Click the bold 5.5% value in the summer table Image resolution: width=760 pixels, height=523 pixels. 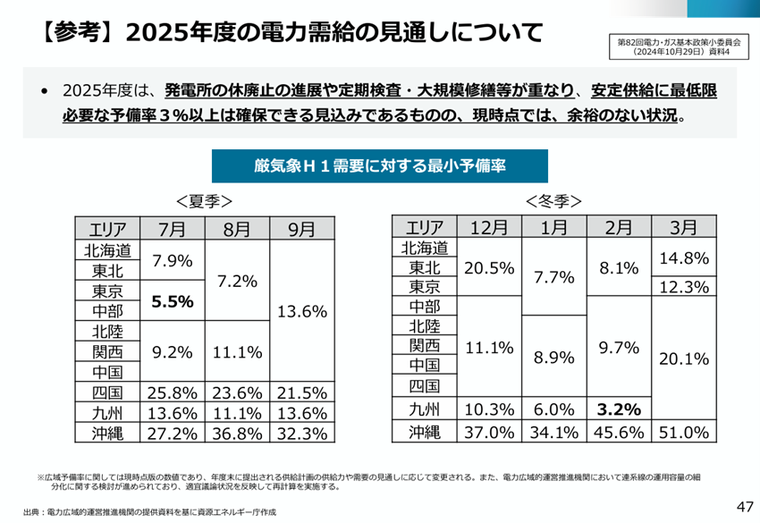[x=173, y=301]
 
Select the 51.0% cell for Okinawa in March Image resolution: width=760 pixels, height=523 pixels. [x=684, y=433]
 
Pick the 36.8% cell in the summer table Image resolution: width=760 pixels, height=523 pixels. [x=237, y=433]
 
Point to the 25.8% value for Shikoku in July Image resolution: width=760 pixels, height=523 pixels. [x=173, y=392]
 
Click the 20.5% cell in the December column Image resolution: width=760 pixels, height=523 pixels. [x=489, y=266]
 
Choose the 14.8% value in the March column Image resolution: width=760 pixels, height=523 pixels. [x=684, y=258]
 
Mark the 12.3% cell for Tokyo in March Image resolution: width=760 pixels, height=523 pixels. [x=684, y=287]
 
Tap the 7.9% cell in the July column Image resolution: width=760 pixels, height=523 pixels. [x=173, y=260]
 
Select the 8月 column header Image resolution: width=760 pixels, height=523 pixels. [x=237, y=228]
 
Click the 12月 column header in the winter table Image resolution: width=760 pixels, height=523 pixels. [x=489, y=228]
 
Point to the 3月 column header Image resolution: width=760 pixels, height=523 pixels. [x=684, y=228]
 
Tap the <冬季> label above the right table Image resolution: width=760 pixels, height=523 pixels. [x=554, y=199]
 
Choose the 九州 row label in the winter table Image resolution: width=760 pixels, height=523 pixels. [x=425, y=409]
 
